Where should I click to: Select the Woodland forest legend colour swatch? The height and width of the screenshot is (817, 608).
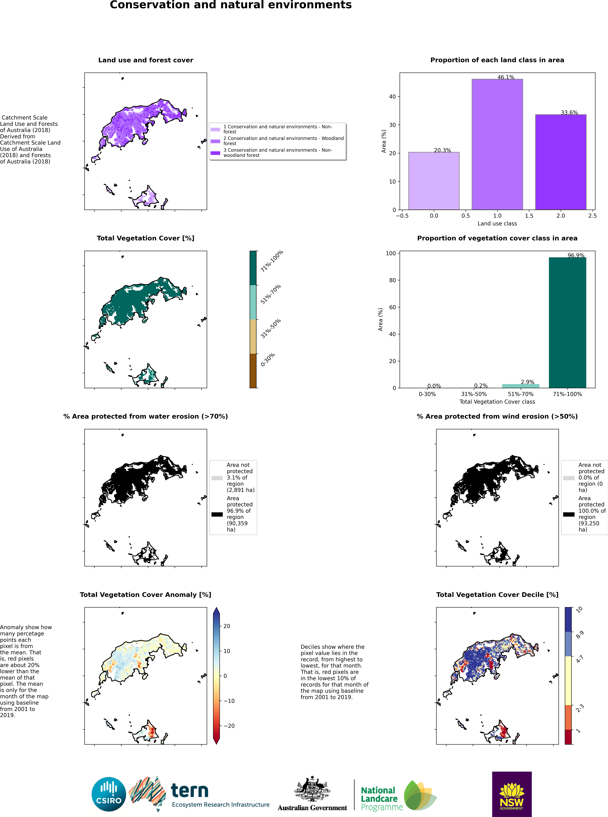tap(215, 141)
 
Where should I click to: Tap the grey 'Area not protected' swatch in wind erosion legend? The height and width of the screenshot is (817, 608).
tap(569, 478)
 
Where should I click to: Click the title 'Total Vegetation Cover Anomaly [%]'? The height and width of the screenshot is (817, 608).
tap(145, 595)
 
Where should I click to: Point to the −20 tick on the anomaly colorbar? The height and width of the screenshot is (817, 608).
tap(229, 726)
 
